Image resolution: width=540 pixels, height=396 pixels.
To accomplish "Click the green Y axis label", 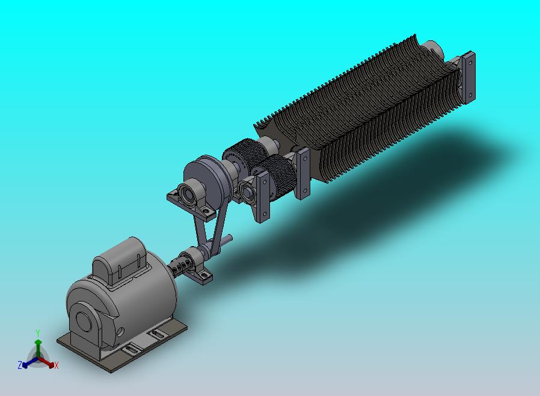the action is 38,333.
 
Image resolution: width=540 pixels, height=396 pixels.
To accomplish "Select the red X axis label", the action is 57,365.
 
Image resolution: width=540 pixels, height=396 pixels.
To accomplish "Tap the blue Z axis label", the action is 20,365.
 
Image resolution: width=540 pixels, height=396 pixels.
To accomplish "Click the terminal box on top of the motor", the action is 120,259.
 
